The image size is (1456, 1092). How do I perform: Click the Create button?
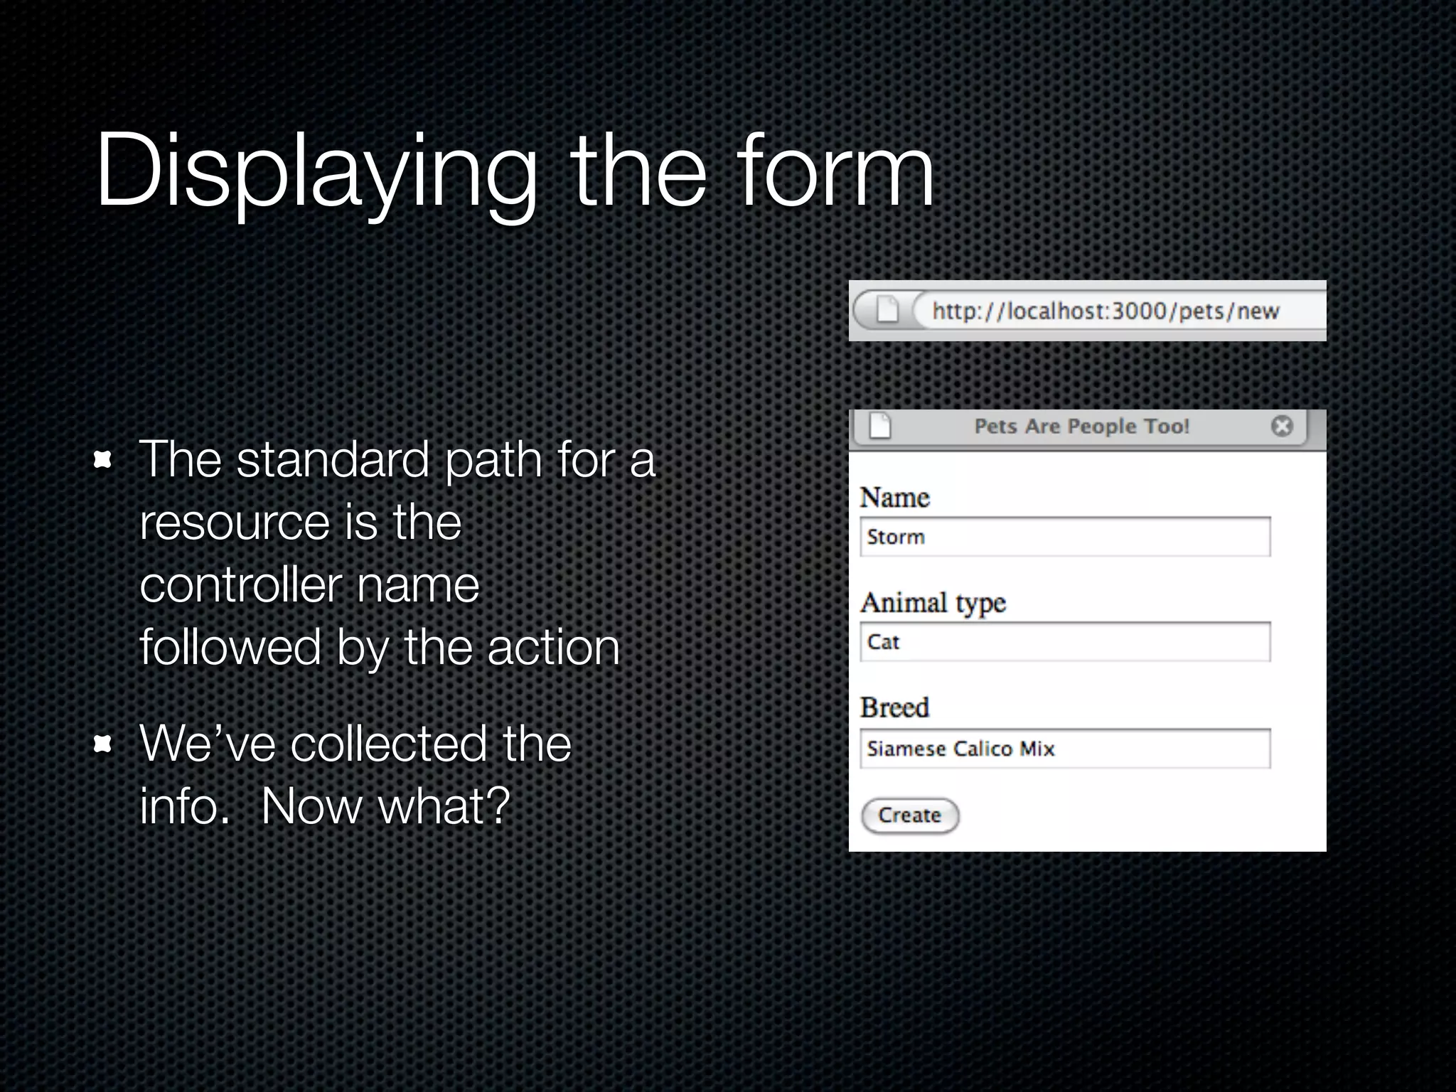click(x=910, y=815)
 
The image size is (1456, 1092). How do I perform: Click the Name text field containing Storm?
click(x=1065, y=537)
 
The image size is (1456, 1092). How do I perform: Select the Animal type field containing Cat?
click(x=1065, y=642)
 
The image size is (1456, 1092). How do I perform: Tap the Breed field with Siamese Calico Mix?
click(x=1065, y=749)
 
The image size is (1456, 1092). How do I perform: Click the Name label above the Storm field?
click(x=895, y=498)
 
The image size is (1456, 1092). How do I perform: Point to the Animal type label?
click(x=933, y=603)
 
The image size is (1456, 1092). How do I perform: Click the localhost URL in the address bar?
click(x=1106, y=311)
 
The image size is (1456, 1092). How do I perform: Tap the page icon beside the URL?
click(x=887, y=309)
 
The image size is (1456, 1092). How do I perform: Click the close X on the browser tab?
click(x=1282, y=426)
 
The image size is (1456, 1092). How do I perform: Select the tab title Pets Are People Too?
click(x=1081, y=427)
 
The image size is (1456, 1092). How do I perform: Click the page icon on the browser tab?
click(x=880, y=426)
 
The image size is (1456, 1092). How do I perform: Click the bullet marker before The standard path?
click(x=103, y=460)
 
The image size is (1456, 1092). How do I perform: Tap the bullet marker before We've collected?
click(x=103, y=744)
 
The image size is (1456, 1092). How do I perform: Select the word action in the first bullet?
click(x=553, y=648)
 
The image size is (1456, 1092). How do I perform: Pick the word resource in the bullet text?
click(x=235, y=523)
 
